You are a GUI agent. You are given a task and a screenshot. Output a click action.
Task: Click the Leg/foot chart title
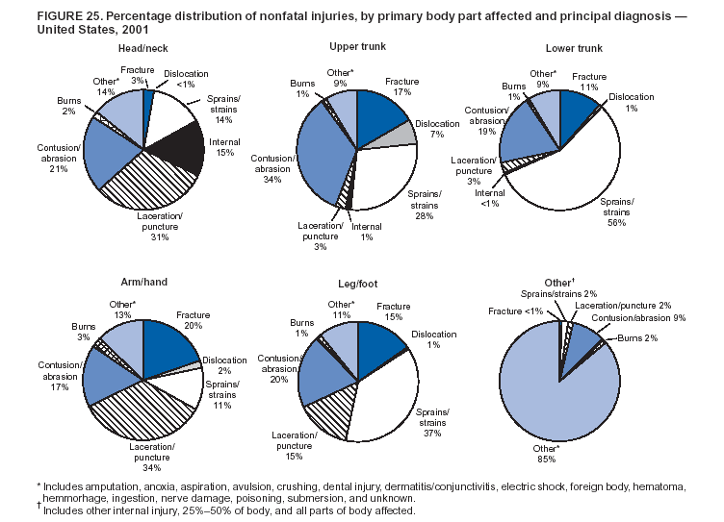coord(356,286)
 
